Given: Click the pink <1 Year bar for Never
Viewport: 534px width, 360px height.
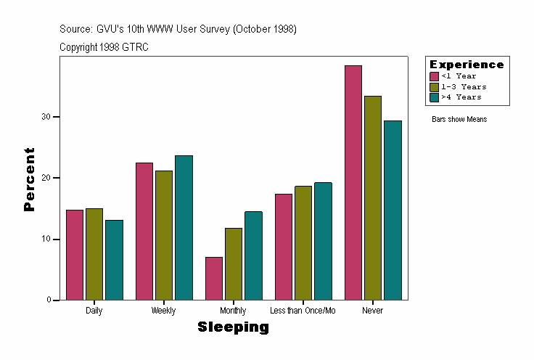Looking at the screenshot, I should coord(353,182).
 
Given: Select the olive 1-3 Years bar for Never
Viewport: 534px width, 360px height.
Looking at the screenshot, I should coord(373,197).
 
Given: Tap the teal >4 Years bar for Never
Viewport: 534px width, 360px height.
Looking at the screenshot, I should coord(393,210).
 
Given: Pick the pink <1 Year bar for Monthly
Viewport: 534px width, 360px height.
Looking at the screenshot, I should coord(214,278).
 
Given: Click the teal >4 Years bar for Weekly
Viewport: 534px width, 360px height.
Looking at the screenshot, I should coord(184,227).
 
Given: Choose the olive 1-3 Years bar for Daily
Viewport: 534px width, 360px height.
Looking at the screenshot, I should coord(94,254).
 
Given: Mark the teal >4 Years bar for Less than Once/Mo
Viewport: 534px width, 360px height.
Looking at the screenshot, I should coord(323,241).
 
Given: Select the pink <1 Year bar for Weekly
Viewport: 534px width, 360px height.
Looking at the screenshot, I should coord(144,231).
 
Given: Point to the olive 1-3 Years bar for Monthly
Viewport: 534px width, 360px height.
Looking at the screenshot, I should coord(234,263).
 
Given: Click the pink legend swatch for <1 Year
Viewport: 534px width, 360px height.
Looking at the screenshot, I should coord(434,76).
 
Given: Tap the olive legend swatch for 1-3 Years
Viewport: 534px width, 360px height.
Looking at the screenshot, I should coord(434,86).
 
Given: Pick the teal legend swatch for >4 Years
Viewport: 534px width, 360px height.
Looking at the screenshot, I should coord(434,97).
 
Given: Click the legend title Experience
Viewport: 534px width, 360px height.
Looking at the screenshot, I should coord(467,65).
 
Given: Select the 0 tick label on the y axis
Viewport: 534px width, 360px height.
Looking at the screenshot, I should coord(48,300).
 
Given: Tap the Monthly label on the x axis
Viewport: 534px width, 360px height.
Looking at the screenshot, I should coord(233,311).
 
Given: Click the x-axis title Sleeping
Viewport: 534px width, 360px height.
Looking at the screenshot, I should coord(233,327).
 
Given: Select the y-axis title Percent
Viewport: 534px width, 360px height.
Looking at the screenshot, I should coord(29,179).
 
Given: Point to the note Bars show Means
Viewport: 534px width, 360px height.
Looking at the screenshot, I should coord(459,119).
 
